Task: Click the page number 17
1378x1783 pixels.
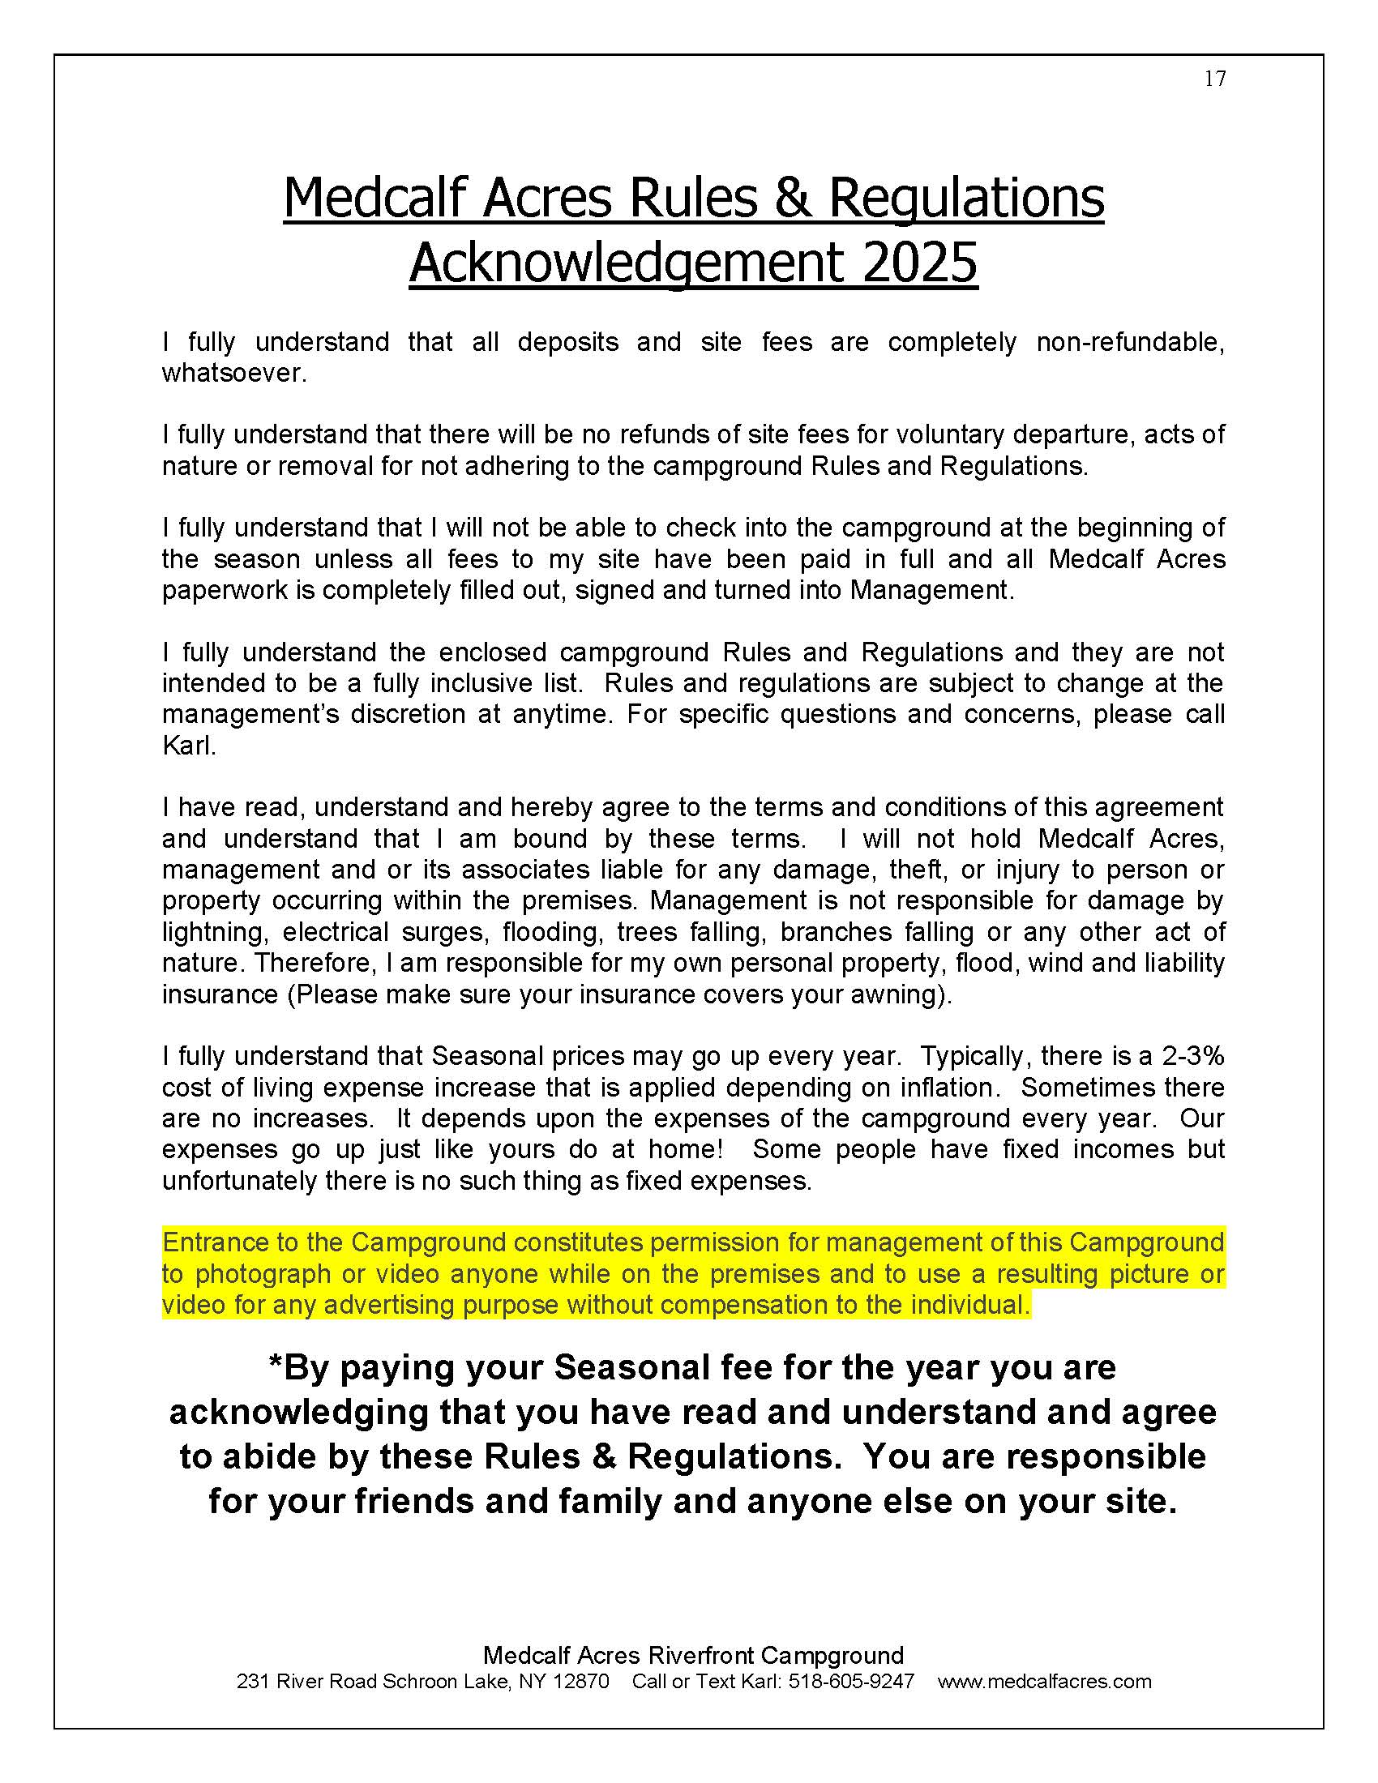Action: pyautogui.click(x=1215, y=79)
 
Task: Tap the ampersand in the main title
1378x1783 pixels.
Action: pyautogui.click(x=791, y=198)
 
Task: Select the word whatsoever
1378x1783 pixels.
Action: pyautogui.click(x=233, y=373)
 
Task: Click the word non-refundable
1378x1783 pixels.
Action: pyautogui.click(x=1130, y=342)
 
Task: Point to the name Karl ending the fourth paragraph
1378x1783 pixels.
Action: pyautogui.click(x=187, y=746)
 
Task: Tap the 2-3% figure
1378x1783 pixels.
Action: pyautogui.click(x=1192, y=1056)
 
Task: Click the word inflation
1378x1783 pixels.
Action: pyautogui.click(x=940, y=1088)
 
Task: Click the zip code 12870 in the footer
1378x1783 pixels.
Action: pyautogui.click(x=580, y=1682)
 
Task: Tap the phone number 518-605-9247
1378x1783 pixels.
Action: pyautogui.click(x=851, y=1682)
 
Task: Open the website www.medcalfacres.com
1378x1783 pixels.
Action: pyautogui.click(x=1044, y=1682)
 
